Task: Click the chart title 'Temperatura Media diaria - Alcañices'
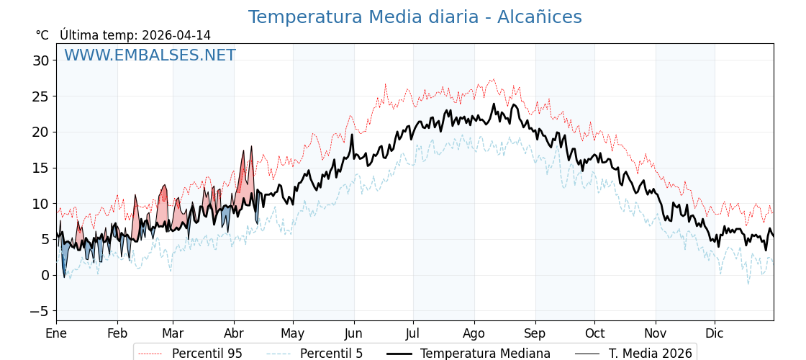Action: point(415,17)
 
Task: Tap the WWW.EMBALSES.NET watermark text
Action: point(150,55)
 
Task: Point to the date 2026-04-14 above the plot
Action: point(176,35)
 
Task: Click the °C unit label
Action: point(42,35)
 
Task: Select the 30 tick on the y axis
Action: point(40,60)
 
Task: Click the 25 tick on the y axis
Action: point(40,96)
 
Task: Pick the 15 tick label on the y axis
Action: point(40,168)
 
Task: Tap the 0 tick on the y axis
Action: point(45,275)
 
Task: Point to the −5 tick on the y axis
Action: point(40,311)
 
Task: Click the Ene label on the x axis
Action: point(56,333)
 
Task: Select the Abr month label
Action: point(234,333)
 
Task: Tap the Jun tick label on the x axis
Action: point(353,333)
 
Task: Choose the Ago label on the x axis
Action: point(474,333)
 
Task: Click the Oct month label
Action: point(594,333)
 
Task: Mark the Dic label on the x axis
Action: point(715,333)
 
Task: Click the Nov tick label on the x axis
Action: point(656,333)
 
